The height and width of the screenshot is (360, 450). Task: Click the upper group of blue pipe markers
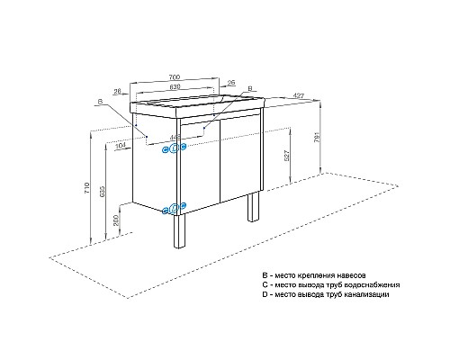tap(172, 149)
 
